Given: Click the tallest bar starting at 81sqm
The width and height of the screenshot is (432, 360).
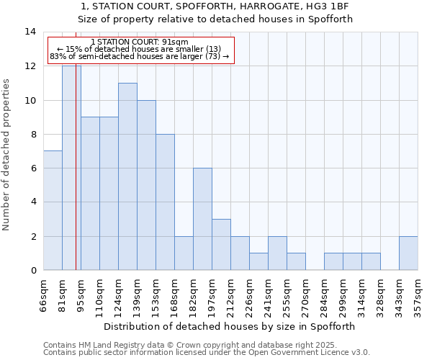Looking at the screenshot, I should [71, 168].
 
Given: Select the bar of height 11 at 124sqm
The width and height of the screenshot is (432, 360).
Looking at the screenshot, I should [127, 176].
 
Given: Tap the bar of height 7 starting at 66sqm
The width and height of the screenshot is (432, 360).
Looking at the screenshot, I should [53, 210].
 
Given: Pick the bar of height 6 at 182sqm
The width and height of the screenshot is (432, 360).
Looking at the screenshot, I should [202, 219].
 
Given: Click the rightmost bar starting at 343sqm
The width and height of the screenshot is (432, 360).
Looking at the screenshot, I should [408, 253].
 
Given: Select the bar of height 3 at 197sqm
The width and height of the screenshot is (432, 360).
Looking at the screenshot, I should [221, 244].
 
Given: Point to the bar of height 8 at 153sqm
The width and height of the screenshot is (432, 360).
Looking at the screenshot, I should [165, 202].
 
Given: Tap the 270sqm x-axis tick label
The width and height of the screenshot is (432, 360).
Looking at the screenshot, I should [306, 293].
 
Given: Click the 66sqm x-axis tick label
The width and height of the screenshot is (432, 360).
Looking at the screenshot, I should [44, 293].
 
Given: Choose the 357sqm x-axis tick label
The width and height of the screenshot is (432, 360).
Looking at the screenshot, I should [418, 293].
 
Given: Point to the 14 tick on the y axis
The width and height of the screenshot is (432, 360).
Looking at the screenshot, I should [30, 32].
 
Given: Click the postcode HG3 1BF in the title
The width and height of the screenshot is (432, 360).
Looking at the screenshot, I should [328, 6].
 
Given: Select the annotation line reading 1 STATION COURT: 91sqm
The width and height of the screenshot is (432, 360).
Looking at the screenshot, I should [140, 42].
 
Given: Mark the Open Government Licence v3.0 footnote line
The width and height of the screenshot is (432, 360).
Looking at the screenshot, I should [207, 353].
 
